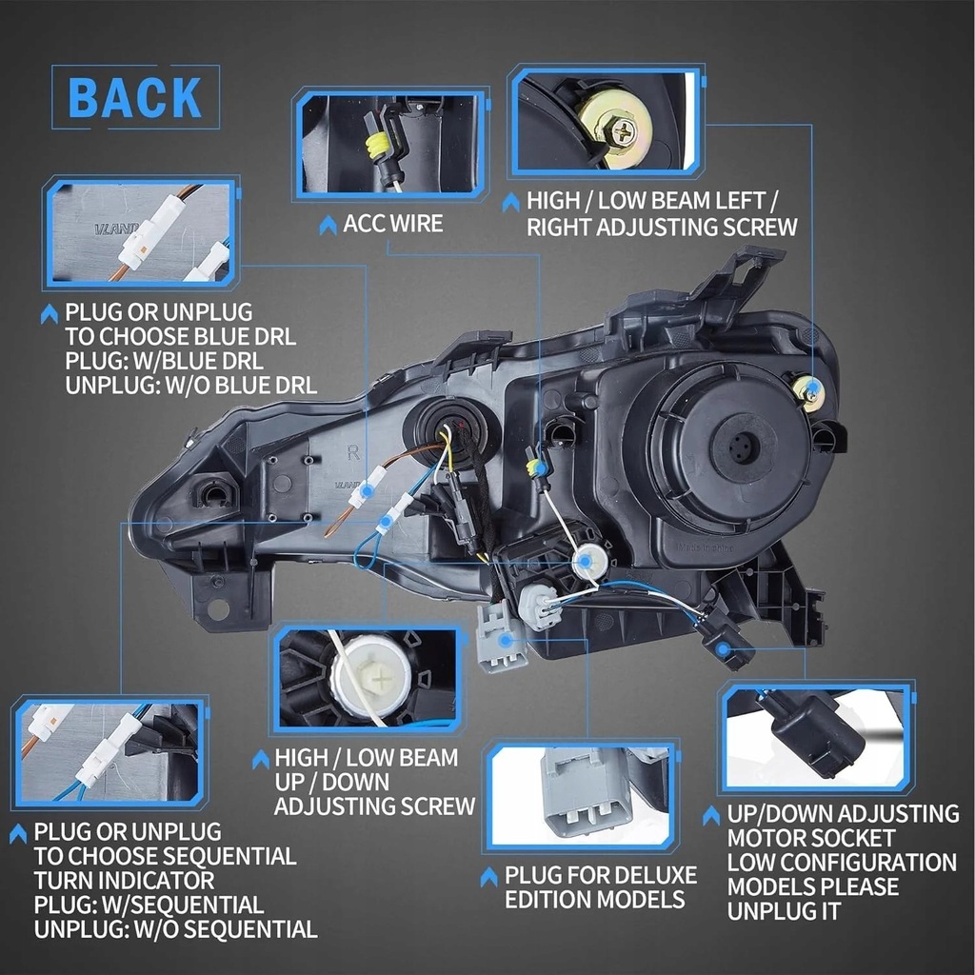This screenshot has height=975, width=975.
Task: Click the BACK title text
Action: point(135,98)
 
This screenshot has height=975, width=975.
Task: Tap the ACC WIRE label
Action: point(392,224)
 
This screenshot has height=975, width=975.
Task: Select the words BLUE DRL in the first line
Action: point(249,337)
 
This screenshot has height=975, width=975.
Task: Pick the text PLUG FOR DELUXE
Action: point(601,875)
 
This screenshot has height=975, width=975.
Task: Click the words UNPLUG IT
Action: point(786,911)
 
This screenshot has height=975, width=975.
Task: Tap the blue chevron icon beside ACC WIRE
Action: point(328,225)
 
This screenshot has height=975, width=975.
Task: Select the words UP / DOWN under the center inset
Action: point(332,783)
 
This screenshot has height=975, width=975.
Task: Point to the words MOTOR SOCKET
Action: point(811,839)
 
